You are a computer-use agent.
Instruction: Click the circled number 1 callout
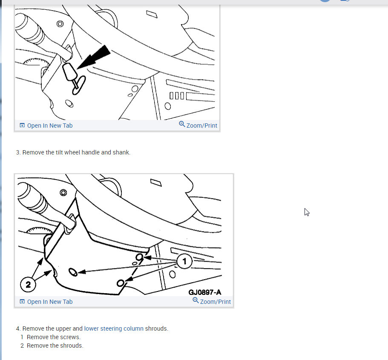pos(184,261)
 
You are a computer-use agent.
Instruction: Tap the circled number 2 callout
pos(28,285)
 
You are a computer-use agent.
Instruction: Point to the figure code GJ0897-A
pos(205,292)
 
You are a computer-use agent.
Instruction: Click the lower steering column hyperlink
pos(114,329)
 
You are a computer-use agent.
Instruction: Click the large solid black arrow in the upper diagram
pos(94,57)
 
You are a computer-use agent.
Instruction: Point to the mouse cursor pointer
pos(307,212)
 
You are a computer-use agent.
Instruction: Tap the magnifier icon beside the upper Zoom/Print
pos(182,124)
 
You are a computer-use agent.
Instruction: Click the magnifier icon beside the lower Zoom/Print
pos(195,300)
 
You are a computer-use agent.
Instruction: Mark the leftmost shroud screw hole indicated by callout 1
pos(73,272)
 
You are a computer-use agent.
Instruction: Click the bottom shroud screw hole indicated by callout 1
pos(121,283)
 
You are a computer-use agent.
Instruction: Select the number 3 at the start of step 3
pos(18,152)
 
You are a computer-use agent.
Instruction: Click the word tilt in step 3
pos(59,152)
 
